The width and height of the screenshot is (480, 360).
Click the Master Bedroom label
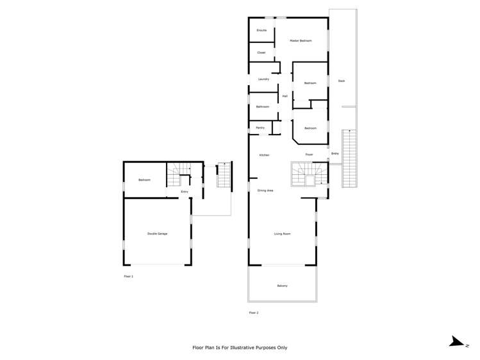(301, 41)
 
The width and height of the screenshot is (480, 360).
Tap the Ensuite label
(261, 31)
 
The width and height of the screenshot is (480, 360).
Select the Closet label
(261, 53)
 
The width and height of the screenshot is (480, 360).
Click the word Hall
(285, 96)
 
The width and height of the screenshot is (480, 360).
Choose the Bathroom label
(263, 106)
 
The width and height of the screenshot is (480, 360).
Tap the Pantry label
(261, 128)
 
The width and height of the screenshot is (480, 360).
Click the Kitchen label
(264, 155)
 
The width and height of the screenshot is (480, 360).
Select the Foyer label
(309, 155)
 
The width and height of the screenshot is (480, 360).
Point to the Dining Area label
(265, 191)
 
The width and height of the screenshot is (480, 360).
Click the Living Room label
(283, 234)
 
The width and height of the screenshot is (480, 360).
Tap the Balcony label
(283, 285)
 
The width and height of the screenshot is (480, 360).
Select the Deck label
(342, 81)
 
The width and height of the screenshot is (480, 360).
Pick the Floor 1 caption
(128, 276)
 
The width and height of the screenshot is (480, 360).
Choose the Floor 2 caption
(253, 313)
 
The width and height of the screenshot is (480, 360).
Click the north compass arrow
(456, 342)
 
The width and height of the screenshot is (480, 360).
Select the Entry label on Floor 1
(185, 192)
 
